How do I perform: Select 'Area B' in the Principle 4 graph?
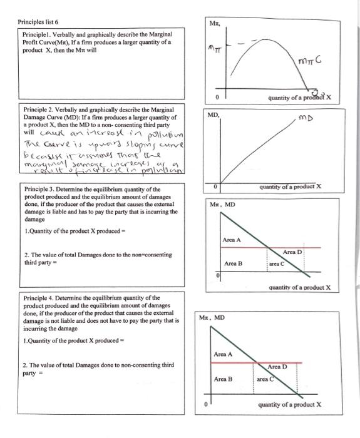[224, 379]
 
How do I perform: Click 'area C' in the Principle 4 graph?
[265, 379]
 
